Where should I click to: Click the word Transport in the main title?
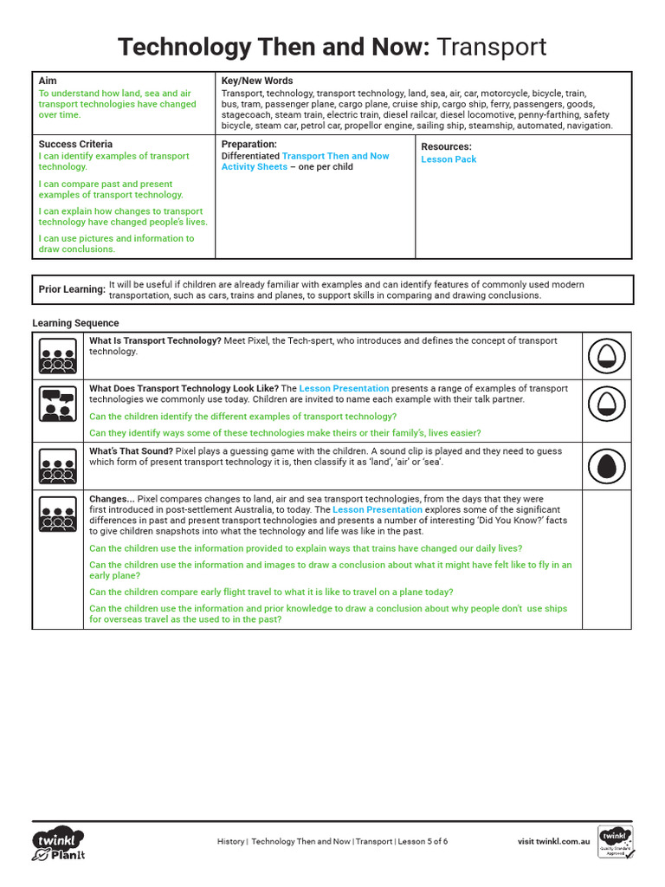pos(492,46)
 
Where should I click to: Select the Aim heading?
pos(48,81)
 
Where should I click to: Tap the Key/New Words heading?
pos(257,81)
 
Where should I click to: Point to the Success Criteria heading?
pos(75,144)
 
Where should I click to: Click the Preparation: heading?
pos(249,144)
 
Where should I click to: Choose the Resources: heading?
pos(446,146)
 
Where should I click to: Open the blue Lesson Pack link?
pos(449,159)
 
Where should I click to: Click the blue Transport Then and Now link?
pos(336,156)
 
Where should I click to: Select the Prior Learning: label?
pos(72,289)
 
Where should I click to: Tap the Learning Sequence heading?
pos(75,323)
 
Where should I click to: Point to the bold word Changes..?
pos(110,500)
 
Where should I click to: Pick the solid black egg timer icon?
pos(606,466)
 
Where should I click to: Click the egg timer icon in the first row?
pos(606,355)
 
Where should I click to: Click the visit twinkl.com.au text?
pos(553,841)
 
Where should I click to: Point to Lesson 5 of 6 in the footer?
pos(422,841)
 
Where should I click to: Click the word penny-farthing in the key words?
pos(552,114)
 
